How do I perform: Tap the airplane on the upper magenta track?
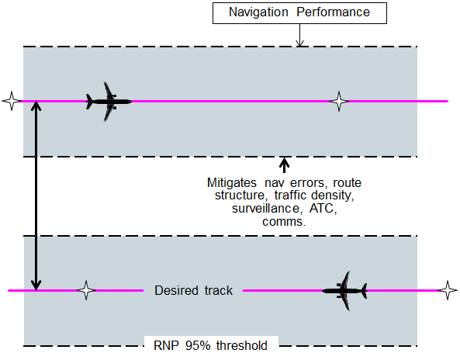(108, 101)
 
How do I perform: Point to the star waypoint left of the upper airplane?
(11, 101)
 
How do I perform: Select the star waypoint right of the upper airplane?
(338, 101)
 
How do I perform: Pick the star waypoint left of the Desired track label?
(86, 290)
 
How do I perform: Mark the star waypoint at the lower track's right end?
(447, 290)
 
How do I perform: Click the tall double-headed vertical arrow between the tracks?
(36, 196)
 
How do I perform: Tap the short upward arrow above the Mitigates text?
(284, 165)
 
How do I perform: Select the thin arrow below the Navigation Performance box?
(300, 36)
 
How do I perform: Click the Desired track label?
(193, 290)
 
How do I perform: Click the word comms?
(283, 222)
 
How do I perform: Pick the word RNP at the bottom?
(161, 346)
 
